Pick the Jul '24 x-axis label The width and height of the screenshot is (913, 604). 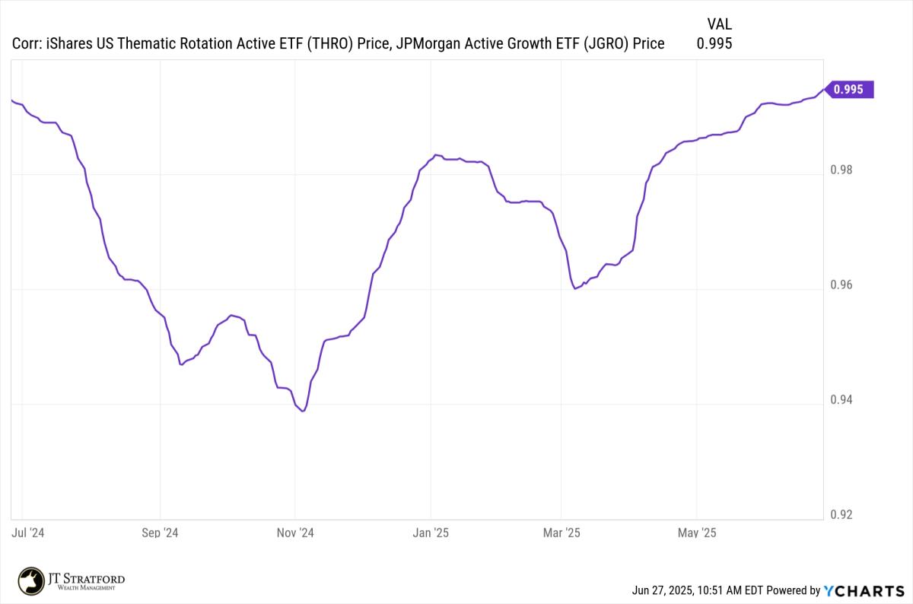[x=29, y=533]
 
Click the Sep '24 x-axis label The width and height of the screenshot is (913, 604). [x=161, y=533]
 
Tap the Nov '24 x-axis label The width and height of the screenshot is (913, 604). [x=294, y=533]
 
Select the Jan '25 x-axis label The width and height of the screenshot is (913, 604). [x=431, y=533]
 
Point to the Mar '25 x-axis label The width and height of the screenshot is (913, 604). [x=561, y=533]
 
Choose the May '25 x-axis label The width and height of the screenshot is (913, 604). [x=697, y=533]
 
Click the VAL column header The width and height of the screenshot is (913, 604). [x=719, y=24]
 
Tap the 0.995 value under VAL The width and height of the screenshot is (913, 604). [x=714, y=44]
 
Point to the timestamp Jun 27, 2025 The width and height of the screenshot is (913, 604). [x=667, y=590]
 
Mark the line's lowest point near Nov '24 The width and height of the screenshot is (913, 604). [x=303, y=412]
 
